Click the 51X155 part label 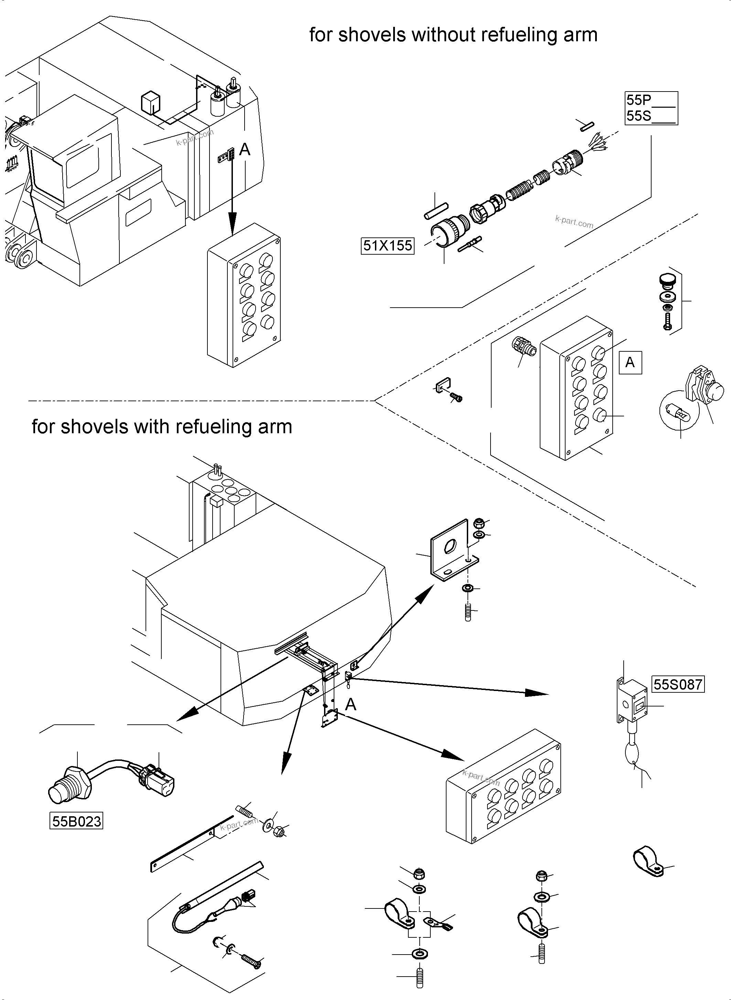point(388,245)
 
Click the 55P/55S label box point(651,108)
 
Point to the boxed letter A point(630,363)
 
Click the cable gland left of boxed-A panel point(524,347)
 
